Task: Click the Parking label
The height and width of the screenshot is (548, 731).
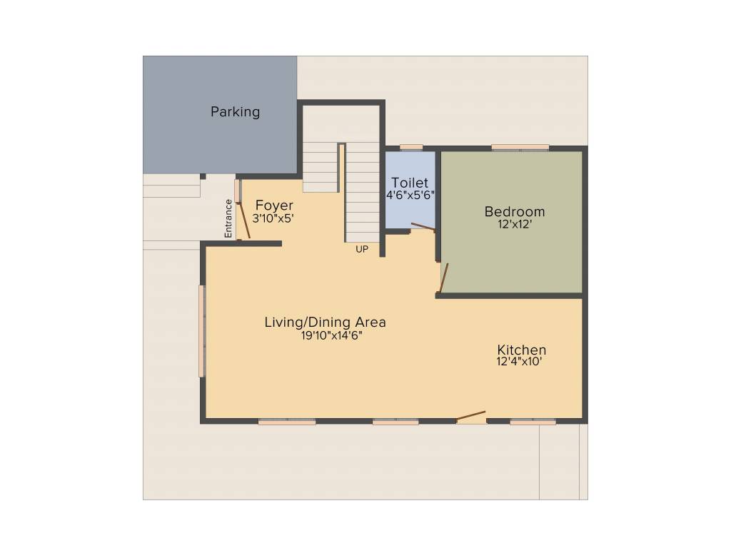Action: coord(235,112)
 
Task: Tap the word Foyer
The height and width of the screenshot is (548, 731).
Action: coord(274,206)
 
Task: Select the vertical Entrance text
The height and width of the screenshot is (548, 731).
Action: coord(228,218)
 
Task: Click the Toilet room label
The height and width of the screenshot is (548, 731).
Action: coord(410,183)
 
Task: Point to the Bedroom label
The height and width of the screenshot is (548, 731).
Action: coord(514,211)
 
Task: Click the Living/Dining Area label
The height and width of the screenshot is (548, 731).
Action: coord(325,322)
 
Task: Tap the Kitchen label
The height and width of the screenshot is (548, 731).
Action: coord(521,350)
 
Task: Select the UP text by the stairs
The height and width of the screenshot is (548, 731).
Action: coord(362,249)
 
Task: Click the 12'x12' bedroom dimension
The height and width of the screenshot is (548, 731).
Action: coord(514,223)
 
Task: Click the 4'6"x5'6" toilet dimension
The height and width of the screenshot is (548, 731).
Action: coord(410,194)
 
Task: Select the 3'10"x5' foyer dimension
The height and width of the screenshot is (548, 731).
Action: coord(273,218)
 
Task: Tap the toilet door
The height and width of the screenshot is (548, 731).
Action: coord(423,228)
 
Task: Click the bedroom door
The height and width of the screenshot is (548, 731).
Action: coord(443,278)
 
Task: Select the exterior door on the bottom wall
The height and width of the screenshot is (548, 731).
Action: coord(470,416)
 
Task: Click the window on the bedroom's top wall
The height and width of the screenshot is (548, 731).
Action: coord(520,148)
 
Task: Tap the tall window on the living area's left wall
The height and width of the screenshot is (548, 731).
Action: coord(202,331)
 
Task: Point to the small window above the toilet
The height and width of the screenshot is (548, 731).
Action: coord(410,148)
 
